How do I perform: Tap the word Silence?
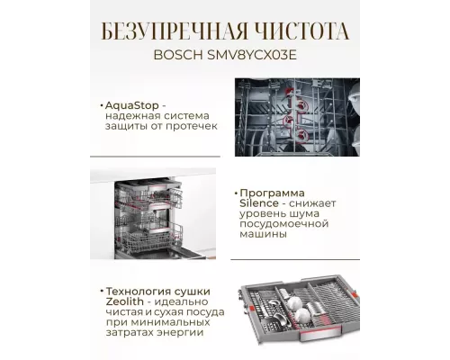(x=261, y=206)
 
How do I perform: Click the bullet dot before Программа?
(x=235, y=193)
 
